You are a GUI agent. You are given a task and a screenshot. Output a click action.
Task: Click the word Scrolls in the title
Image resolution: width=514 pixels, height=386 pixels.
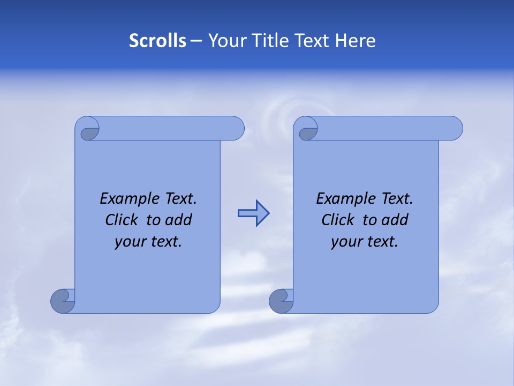(x=157, y=41)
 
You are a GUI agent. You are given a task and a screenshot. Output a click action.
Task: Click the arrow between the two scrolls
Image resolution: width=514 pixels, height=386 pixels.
(x=253, y=213)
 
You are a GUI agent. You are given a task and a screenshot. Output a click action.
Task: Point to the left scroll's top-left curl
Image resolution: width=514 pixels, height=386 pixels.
(x=88, y=129)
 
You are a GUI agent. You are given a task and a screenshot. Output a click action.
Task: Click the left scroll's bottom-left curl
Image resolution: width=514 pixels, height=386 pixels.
(x=63, y=301)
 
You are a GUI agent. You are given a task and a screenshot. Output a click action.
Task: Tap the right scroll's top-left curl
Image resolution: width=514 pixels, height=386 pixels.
(x=307, y=129)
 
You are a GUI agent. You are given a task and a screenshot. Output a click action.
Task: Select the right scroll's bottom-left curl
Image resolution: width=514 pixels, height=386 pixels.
(x=281, y=301)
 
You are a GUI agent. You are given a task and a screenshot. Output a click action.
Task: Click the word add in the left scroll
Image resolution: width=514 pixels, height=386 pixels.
(x=178, y=220)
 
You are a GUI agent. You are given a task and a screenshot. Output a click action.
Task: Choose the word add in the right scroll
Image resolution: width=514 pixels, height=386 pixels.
(x=395, y=220)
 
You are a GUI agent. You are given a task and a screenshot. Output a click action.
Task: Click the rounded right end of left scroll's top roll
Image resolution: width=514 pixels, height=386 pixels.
(x=235, y=128)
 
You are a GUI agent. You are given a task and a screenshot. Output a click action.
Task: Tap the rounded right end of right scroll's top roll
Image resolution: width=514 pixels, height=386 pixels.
(x=453, y=128)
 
